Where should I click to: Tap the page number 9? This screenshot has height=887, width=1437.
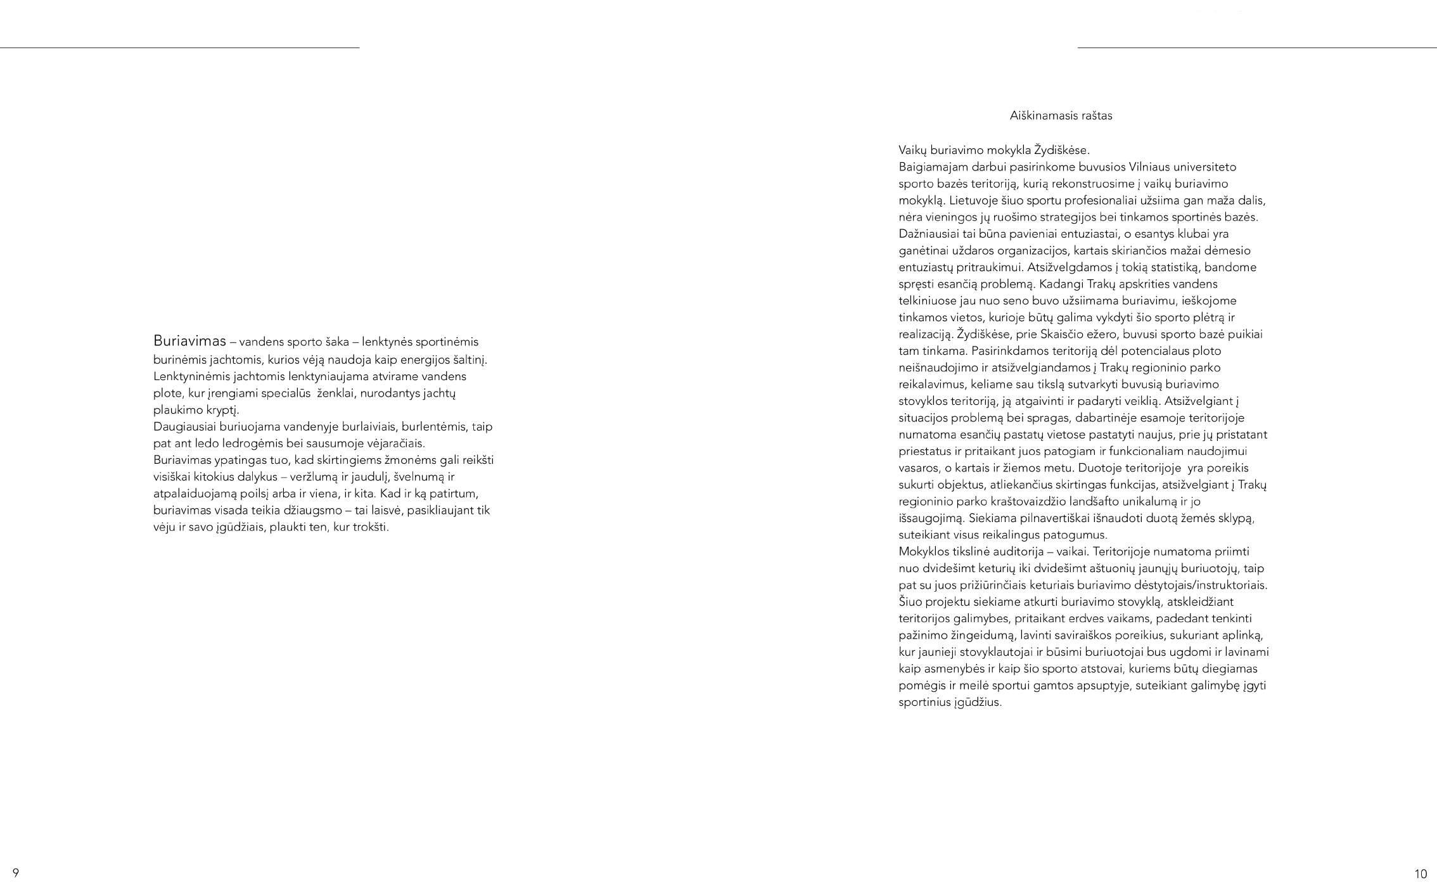(x=16, y=872)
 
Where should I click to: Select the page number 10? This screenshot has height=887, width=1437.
(x=1421, y=874)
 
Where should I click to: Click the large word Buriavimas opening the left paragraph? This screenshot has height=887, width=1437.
(x=189, y=341)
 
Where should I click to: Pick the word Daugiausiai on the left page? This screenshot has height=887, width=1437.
(x=184, y=426)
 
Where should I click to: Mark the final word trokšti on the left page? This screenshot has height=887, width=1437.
(x=371, y=527)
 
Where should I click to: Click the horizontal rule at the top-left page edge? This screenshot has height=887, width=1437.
(x=179, y=48)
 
